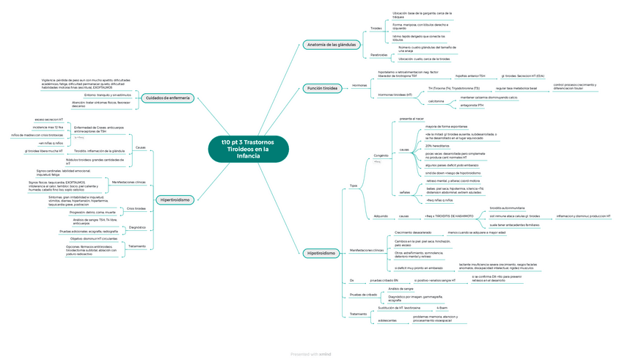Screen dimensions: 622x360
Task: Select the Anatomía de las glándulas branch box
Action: click(x=331, y=45)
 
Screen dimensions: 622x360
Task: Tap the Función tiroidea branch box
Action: click(x=322, y=88)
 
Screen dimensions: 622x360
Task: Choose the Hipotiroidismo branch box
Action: click(x=321, y=253)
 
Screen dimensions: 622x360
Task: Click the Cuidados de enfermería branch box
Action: click(x=167, y=98)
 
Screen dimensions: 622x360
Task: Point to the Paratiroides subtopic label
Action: click(x=378, y=54)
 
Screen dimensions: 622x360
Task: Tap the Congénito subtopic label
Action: click(x=381, y=155)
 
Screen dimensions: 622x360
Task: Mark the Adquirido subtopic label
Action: click(x=381, y=216)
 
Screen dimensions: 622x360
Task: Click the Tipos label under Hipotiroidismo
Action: click(x=354, y=185)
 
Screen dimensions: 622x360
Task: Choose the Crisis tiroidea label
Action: click(x=136, y=208)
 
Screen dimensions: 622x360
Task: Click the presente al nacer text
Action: click(x=411, y=118)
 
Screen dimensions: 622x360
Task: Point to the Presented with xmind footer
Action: click(x=311, y=353)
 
